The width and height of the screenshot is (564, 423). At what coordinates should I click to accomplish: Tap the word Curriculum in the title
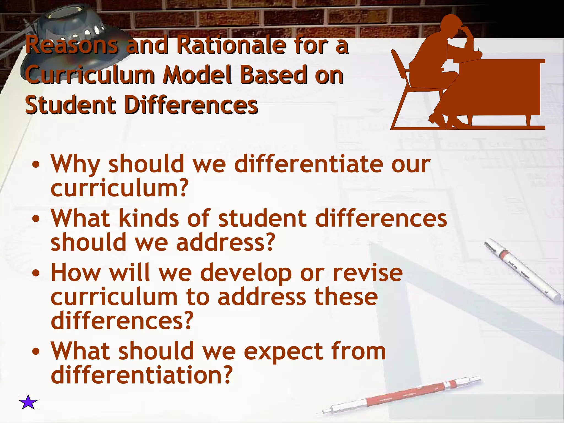(91, 75)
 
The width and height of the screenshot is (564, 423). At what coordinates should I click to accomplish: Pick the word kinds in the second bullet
(149, 218)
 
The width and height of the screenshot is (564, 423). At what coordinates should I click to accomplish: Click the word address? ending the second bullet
(226, 242)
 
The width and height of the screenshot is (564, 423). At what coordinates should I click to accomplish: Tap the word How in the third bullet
(76, 272)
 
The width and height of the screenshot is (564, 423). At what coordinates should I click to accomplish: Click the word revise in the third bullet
(368, 272)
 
